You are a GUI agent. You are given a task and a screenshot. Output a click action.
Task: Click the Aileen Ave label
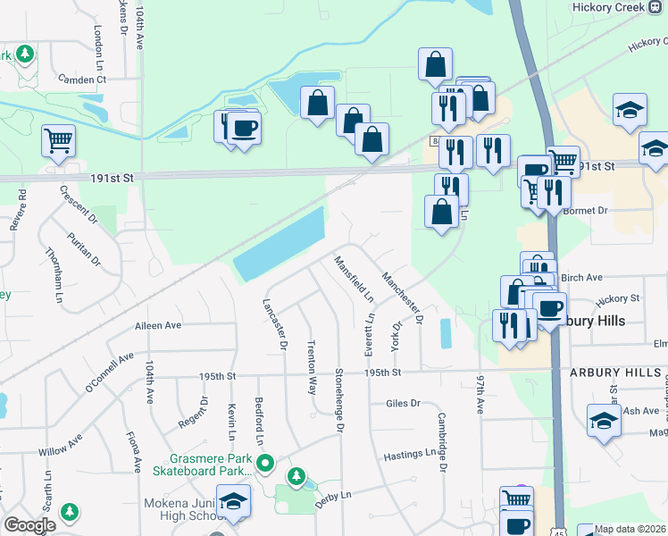[157, 326]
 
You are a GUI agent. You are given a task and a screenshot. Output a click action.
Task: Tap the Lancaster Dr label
[274, 322]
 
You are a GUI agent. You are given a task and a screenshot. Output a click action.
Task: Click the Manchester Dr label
[401, 297]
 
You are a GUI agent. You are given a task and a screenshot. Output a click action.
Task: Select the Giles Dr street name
[403, 404]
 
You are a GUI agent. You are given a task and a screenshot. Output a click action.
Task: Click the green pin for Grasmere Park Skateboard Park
[263, 463]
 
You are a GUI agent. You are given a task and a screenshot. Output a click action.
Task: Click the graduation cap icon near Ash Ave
[604, 421]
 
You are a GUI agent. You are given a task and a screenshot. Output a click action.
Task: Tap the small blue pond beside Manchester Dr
[446, 334]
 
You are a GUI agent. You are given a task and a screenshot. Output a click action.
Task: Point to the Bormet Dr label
[585, 211]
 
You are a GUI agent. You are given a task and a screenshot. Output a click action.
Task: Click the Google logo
[29, 525]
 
